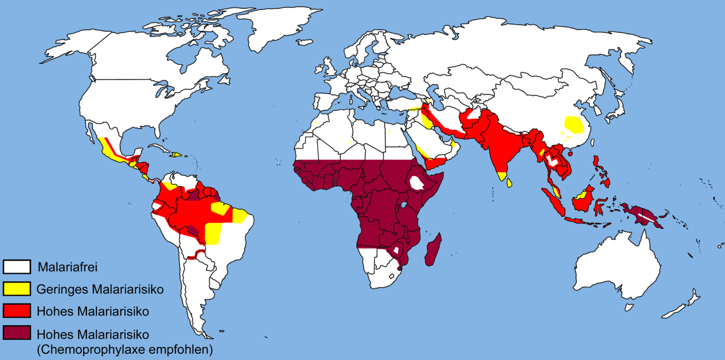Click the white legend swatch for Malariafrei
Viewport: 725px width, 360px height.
17,267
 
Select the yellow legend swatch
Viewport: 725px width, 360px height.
17,289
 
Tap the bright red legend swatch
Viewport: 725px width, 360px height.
17,311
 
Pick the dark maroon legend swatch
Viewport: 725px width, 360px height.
17,333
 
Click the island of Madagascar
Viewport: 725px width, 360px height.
433,250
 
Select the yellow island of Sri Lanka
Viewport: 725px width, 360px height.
509,182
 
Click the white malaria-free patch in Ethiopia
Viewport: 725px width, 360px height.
417,183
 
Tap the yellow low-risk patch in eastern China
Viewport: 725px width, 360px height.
574,124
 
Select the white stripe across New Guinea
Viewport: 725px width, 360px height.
646,218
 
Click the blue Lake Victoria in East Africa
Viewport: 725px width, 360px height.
404,205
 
